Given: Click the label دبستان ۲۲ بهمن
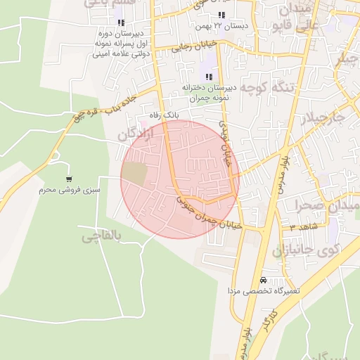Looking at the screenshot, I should pyautogui.click(x=222, y=25).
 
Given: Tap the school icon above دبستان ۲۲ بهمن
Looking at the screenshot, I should pyautogui.click(x=222, y=15).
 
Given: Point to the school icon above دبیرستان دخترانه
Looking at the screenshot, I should pyautogui.click(x=209, y=76).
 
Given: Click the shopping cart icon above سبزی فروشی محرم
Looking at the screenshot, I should pyautogui.click(x=69, y=179).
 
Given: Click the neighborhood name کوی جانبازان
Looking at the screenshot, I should pyautogui.click(x=306, y=250).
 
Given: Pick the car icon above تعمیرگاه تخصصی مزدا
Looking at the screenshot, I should pyautogui.click(x=263, y=280).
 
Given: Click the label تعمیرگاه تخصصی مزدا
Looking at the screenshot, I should pyautogui.click(x=263, y=290).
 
